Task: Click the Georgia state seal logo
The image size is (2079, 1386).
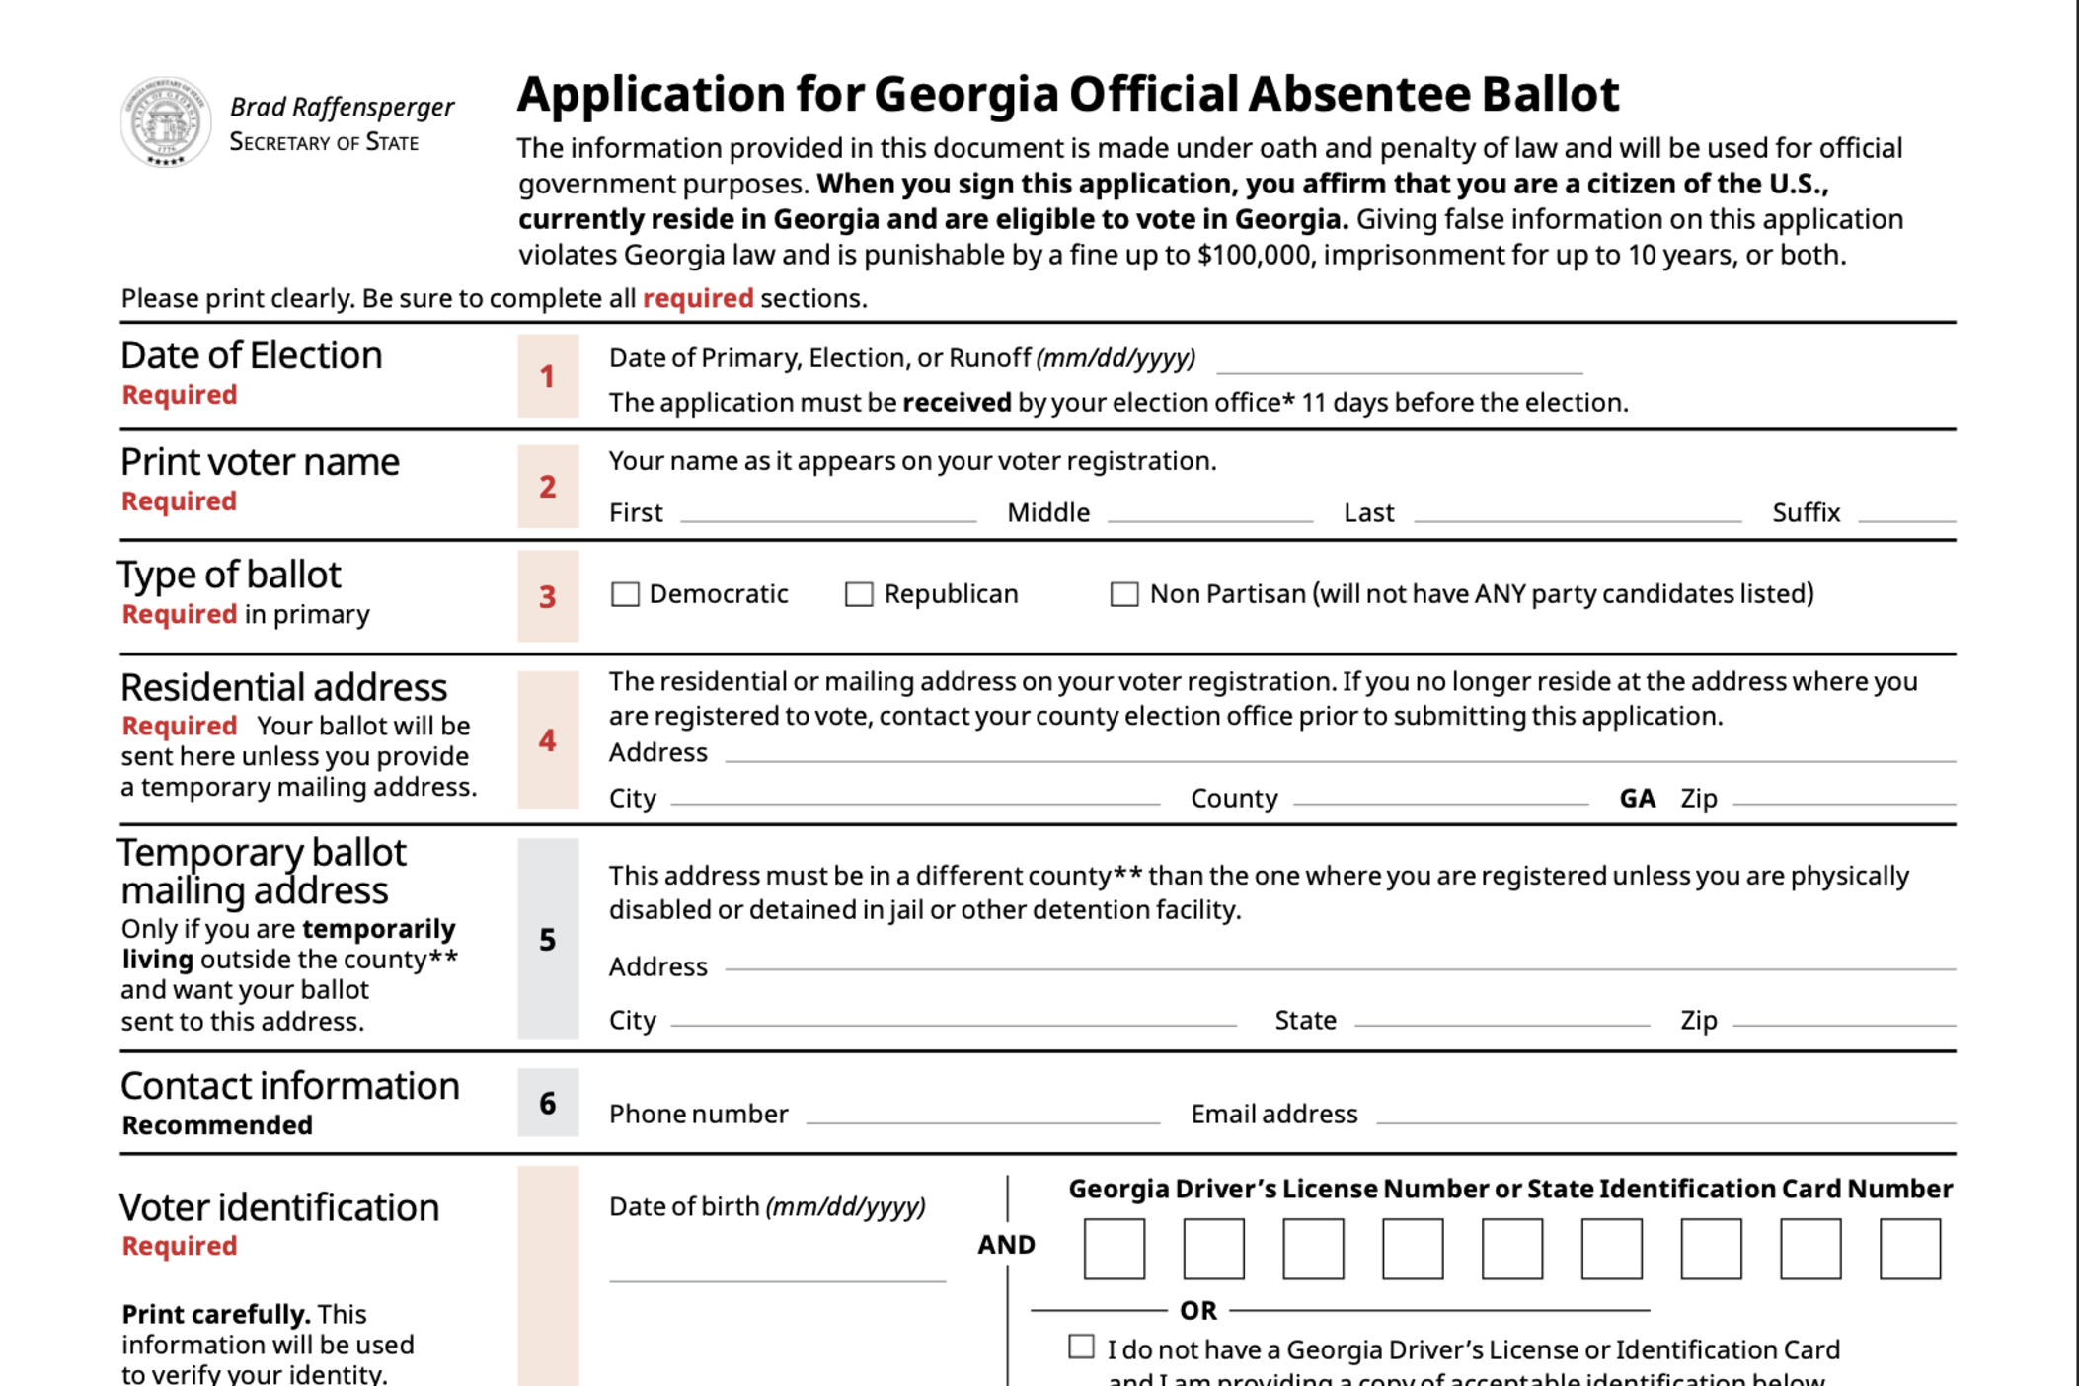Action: [x=165, y=121]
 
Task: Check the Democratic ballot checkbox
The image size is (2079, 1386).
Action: [x=625, y=594]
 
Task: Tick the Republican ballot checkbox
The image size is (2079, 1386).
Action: [x=859, y=594]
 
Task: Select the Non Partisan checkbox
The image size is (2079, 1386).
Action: [x=1123, y=594]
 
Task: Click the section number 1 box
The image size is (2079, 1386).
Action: [x=548, y=376]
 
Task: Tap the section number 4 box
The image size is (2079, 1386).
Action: [x=548, y=740]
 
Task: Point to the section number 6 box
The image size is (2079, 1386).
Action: [x=548, y=1103]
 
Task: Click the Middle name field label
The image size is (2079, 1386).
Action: [x=1048, y=513]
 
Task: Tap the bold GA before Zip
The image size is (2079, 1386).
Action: [x=1637, y=798]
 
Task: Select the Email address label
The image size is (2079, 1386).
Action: [x=1273, y=1115]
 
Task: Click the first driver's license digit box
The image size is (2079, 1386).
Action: [x=1114, y=1249]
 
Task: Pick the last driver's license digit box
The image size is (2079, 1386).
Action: [x=1909, y=1249]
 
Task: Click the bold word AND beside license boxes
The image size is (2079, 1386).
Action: [x=1006, y=1245]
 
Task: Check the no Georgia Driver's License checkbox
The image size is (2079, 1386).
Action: [x=1081, y=1347]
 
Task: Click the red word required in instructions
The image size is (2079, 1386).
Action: [x=698, y=298]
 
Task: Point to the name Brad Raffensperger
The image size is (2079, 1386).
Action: [x=342, y=107]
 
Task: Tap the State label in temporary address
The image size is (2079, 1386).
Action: [x=1305, y=1020]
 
